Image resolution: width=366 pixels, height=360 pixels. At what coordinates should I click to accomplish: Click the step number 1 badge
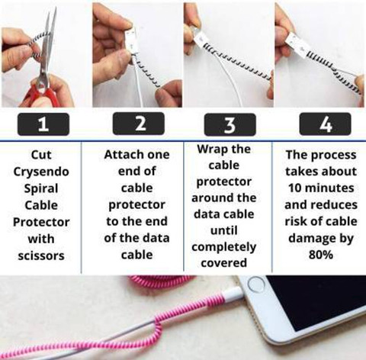coord(43,124)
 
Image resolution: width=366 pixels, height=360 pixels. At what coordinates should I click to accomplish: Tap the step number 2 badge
coord(139,124)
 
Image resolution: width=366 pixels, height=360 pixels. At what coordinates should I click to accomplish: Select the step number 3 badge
coord(230,124)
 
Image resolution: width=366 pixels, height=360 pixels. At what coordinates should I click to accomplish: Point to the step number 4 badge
coord(326,124)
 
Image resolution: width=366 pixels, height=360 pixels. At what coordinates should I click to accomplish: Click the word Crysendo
coord(41,172)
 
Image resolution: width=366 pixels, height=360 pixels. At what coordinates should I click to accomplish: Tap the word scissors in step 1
coord(41,256)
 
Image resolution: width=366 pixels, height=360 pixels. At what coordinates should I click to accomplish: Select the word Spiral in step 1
coord(41,188)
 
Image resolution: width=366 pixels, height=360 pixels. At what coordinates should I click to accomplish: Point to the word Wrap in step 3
coord(210,149)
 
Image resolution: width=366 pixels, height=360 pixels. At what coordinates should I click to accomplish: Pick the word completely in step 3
coord(224,247)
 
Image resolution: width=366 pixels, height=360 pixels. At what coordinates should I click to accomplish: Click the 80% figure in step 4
coord(321,254)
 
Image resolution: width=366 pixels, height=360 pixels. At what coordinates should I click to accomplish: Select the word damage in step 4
coord(312,239)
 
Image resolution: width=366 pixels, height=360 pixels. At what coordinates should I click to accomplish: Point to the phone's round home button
coord(256,284)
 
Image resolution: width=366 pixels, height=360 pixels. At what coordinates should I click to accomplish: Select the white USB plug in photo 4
coord(296,43)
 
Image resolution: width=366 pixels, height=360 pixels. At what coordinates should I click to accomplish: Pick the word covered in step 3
coord(224,263)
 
